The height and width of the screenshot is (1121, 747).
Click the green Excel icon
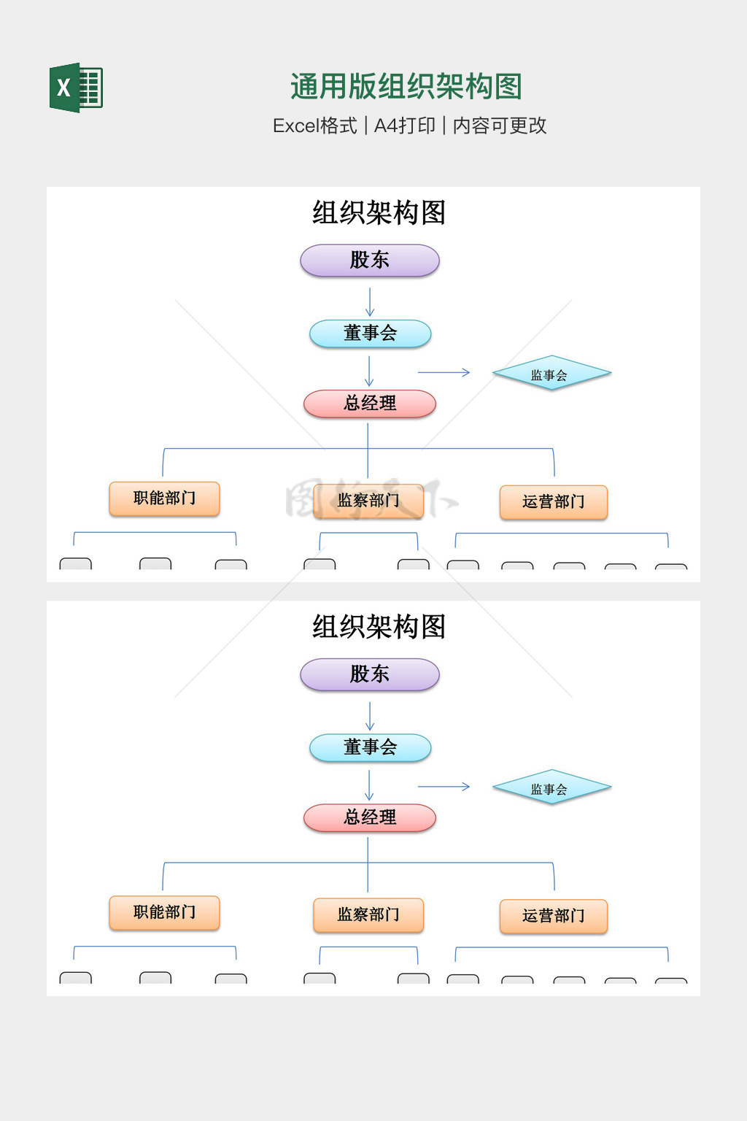tap(76, 88)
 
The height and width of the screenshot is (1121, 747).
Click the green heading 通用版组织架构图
tap(406, 87)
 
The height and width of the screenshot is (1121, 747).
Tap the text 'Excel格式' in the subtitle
tap(314, 126)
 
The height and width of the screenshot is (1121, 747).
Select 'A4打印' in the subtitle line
tap(404, 126)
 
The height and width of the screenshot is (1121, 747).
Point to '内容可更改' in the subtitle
tap(500, 126)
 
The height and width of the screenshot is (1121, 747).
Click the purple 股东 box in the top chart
tap(370, 261)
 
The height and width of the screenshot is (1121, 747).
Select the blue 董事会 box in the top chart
tap(370, 334)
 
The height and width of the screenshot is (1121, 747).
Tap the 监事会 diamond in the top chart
tap(551, 374)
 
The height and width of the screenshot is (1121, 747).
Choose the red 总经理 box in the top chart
tap(370, 404)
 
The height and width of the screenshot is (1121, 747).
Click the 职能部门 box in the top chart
tap(164, 498)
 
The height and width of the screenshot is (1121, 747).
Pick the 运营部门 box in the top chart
tap(553, 502)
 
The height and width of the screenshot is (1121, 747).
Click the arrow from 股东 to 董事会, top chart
tap(370, 301)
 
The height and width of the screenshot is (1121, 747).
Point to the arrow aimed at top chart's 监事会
tap(444, 373)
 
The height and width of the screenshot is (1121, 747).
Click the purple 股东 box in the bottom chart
tap(370, 674)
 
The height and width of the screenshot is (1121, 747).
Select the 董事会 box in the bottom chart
tap(370, 747)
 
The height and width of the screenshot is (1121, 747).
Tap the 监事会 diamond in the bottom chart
tap(551, 788)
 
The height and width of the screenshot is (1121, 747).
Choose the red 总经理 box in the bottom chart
tap(370, 817)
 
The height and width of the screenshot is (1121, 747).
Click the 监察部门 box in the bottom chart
tap(368, 914)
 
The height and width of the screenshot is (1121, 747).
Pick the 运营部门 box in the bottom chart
tap(553, 916)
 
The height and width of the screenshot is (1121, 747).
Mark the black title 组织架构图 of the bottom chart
tap(379, 627)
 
